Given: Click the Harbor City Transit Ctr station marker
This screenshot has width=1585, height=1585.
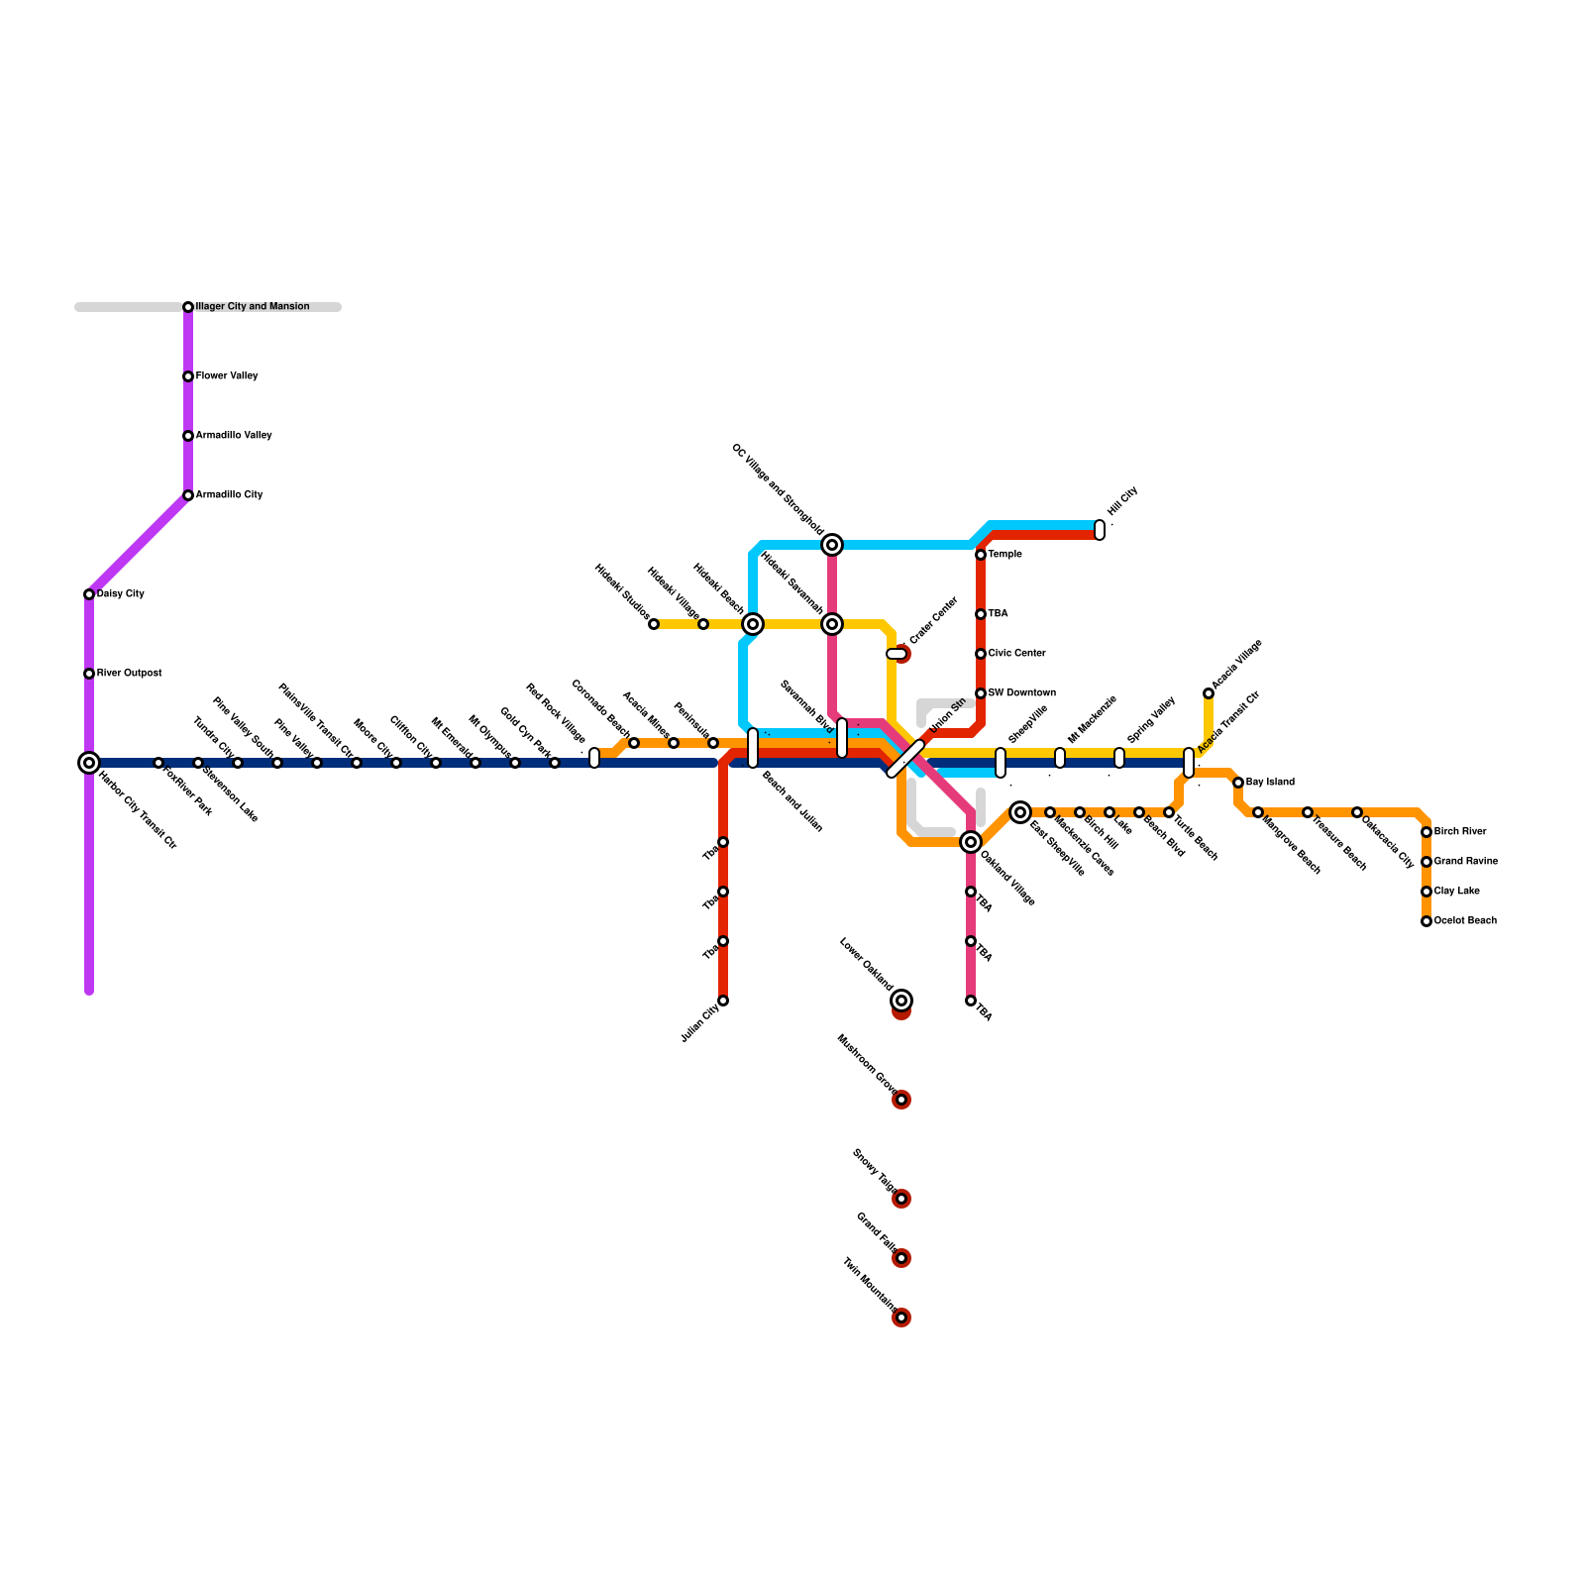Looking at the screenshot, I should point(89,763).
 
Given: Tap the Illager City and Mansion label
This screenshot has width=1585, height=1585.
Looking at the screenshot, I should point(253,307).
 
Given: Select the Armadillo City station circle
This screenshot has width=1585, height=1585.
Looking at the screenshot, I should point(188,495).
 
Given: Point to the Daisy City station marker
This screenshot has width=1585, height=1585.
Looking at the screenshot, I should point(89,594).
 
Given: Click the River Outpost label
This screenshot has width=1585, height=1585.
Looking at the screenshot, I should point(129,674).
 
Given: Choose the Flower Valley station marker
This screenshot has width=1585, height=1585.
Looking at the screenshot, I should point(188,376).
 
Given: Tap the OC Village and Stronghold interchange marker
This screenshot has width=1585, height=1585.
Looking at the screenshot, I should point(832,545).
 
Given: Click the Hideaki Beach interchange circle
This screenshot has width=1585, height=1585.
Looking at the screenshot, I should point(753,624).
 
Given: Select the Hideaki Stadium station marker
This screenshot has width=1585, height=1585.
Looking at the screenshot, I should point(654,624).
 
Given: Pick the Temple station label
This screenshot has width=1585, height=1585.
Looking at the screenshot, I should point(1004,555).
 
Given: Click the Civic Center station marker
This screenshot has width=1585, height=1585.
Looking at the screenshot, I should point(981,654).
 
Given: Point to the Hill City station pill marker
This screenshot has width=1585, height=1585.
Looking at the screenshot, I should point(1100,530).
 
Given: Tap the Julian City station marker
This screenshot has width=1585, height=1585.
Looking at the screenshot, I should point(723,1001).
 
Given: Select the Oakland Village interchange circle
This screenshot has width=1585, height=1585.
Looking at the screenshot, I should point(971,842).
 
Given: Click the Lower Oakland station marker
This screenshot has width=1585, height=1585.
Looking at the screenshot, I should point(901,1001).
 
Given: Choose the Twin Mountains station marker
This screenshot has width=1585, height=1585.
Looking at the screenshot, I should point(901,1318).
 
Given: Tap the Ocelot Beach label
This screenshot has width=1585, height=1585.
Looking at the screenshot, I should point(1465,921).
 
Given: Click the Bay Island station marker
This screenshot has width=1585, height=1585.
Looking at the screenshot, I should point(1238,783).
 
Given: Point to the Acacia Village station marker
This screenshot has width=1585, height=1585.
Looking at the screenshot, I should point(1209,693).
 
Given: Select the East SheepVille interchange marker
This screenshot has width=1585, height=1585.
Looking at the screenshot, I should point(1020,812).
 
